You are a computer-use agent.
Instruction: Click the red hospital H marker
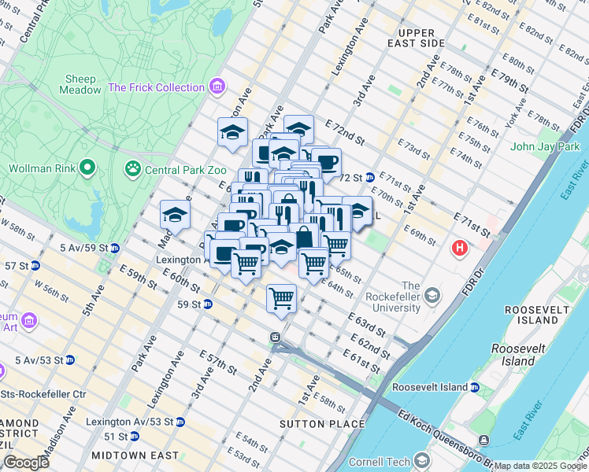pos(461,249)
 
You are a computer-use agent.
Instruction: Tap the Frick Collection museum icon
pos(217,87)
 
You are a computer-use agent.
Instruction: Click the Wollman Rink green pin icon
pos(87,168)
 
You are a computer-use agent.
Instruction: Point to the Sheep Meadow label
pos(80,84)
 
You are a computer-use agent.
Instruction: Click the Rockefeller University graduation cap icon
pos(431,296)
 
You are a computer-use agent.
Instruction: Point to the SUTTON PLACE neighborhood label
pos(323,424)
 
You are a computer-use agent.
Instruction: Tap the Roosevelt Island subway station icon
pos(475,387)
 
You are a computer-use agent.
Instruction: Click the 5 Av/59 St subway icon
pos(114,248)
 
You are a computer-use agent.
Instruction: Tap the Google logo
pos(25,463)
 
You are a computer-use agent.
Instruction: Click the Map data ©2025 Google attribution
pos(540,466)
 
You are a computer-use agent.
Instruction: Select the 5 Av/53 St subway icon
pos(69,360)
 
